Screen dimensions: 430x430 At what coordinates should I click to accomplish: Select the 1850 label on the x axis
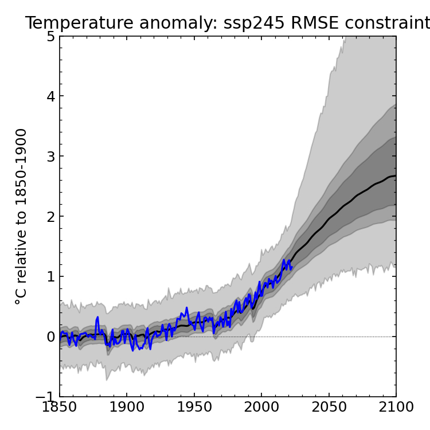point(60,408)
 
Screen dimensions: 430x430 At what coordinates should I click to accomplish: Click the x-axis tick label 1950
point(194,408)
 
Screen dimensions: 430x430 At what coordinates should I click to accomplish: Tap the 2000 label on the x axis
point(261,408)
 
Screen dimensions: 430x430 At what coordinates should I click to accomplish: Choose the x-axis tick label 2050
point(329,408)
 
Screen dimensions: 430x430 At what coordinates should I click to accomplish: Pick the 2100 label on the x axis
point(396,408)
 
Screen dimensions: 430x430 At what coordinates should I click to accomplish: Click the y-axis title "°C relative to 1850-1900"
point(21,216)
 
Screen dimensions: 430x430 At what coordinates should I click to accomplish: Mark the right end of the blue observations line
point(292,266)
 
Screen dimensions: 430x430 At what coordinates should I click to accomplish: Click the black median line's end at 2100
point(396,176)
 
